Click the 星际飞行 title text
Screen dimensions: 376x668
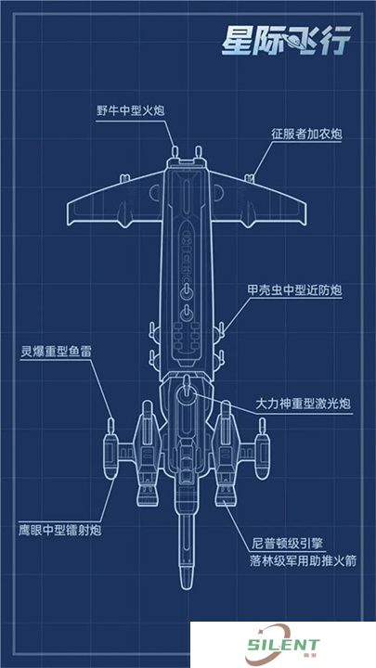[x=286, y=41]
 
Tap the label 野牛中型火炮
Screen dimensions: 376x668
[x=131, y=111]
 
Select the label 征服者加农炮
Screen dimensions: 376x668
[x=307, y=135]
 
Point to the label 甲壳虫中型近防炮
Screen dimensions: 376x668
[x=295, y=290]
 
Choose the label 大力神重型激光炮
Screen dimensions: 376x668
[x=303, y=403]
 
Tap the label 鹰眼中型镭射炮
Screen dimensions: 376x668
[x=60, y=531]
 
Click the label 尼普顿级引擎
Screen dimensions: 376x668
[x=287, y=544]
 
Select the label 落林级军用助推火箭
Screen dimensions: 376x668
[x=303, y=560]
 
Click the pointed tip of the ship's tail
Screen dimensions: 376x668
[x=187, y=588]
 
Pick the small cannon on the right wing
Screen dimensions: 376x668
[x=250, y=178]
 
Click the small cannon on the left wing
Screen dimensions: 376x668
[x=124, y=178]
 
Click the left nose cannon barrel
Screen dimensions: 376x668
[x=175, y=152]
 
